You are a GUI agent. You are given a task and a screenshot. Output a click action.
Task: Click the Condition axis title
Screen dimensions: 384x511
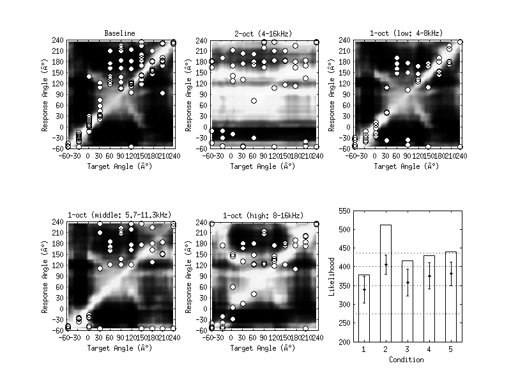click(407, 360)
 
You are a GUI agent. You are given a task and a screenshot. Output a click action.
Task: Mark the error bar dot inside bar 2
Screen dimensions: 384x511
click(385, 265)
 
